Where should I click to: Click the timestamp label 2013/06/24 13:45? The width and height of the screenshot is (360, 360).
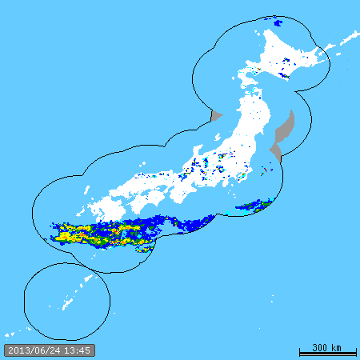point(49,350)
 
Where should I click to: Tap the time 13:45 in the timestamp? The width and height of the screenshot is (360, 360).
point(78,350)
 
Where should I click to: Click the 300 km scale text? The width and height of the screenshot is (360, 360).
point(326,347)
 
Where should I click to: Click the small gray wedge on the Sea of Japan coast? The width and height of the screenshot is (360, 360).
point(215,117)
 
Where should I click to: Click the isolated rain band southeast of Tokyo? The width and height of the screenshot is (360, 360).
point(254,206)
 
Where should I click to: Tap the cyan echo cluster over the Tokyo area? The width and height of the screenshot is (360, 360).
point(241,174)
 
